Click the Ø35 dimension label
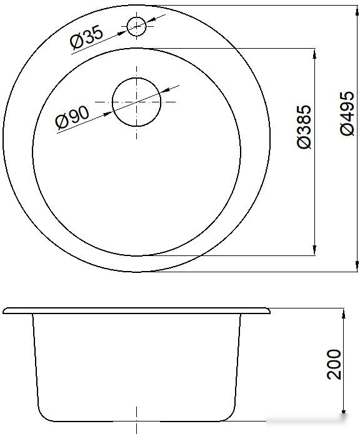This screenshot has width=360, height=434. [86, 37]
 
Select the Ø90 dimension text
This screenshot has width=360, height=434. [72, 117]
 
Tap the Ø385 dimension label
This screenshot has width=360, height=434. [304, 127]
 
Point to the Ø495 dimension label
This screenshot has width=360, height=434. [347, 114]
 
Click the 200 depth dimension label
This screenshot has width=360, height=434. [334, 364]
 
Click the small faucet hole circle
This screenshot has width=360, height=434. [136, 26]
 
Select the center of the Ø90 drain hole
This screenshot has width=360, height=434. [136, 102]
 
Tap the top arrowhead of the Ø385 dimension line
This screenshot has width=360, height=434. [314, 54]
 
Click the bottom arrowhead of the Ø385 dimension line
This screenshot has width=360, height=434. [314, 250]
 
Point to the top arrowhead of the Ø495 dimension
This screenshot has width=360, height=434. [357, 11]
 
